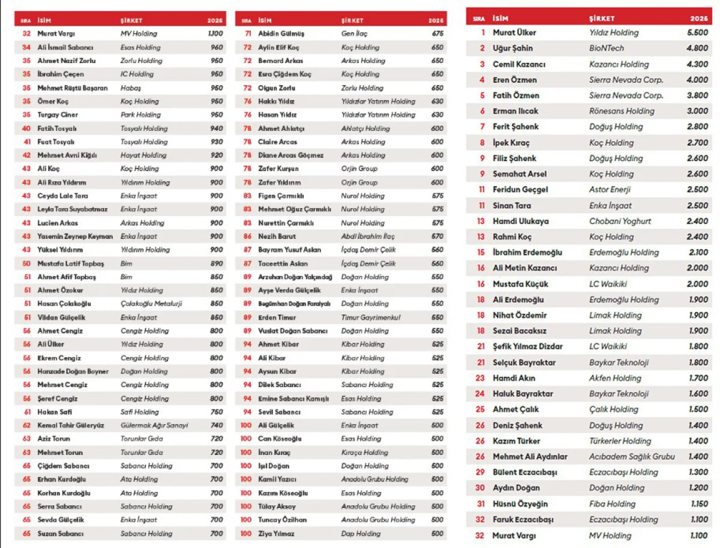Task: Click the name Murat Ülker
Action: (514, 32)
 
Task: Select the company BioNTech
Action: (606, 48)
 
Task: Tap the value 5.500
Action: (697, 32)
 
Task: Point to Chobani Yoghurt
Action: (620, 221)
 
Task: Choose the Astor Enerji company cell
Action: (610, 189)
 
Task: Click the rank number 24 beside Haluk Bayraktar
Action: (480, 394)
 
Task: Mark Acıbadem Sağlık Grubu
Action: (632, 457)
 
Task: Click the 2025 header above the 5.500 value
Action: (698, 19)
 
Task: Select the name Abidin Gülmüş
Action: (281, 34)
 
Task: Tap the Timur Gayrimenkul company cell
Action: (370, 318)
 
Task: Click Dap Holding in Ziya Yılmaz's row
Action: (361, 534)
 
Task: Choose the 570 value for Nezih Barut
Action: (437, 236)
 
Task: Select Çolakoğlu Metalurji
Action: (151, 304)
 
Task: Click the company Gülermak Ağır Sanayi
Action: (154, 426)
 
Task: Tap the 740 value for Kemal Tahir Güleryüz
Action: (216, 426)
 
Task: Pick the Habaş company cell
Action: (130, 88)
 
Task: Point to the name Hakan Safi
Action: (55, 412)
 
